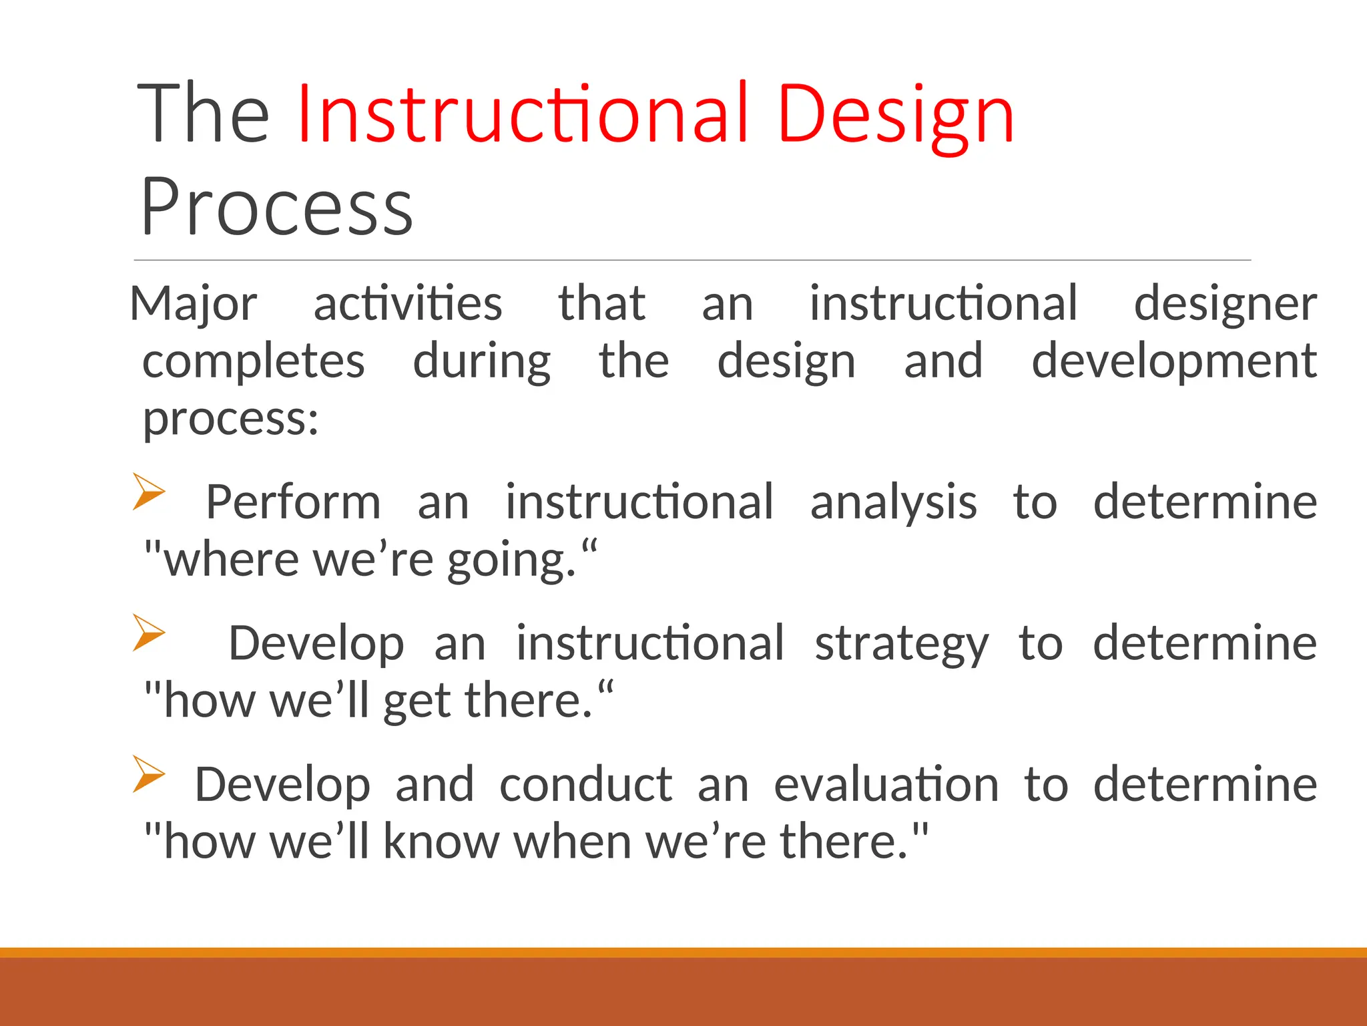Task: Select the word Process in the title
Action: (276, 207)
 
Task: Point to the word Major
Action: (194, 305)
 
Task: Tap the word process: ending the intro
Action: (231, 419)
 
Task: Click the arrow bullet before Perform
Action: (148, 492)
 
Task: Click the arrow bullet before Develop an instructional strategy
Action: (148, 632)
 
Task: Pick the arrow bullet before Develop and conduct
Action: (148, 774)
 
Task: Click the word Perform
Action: (293, 502)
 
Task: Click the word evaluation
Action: (886, 784)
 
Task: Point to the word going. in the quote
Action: (511, 561)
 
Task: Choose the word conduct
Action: (585, 784)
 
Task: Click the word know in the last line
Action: (441, 842)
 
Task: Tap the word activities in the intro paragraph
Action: (407, 305)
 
